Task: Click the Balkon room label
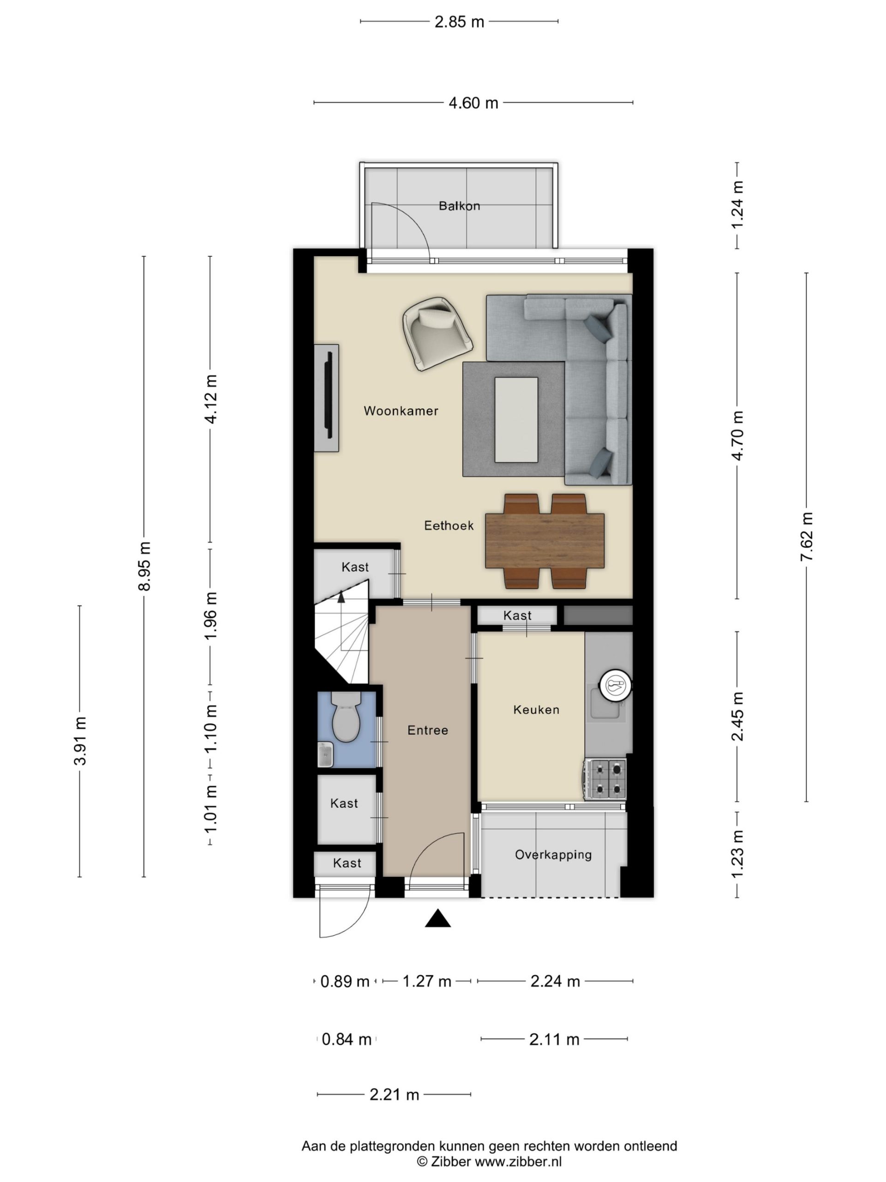[459, 206]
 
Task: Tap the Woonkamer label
[401, 411]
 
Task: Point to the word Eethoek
[449, 526]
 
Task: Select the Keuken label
[536, 710]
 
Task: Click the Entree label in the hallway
[428, 730]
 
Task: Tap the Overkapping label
[553, 855]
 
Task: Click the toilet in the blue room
[346, 717]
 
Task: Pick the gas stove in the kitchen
[605, 780]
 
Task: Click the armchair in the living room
[437, 333]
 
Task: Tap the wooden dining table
[545, 541]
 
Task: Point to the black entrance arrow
[438, 918]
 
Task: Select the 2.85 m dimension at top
[459, 22]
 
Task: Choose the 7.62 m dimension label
[807, 537]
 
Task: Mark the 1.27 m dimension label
[427, 982]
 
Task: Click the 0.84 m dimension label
[347, 1039]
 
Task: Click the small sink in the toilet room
[325, 754]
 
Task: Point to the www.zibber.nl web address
[518, 1161]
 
